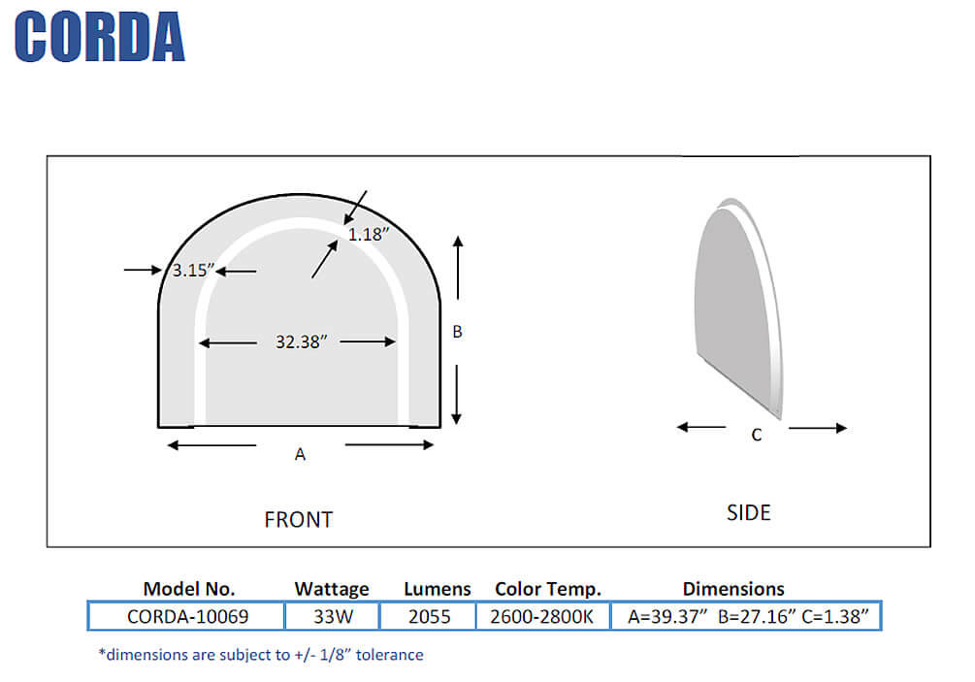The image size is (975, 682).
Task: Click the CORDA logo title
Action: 100,38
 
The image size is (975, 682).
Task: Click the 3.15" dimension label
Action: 191,272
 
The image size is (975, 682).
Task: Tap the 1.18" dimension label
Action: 369,234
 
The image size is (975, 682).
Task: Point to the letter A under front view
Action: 300,454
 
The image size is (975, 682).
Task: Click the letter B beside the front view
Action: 458,332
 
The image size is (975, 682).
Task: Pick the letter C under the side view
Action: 757,436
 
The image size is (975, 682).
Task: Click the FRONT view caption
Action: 298,520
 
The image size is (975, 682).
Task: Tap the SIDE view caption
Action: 748,512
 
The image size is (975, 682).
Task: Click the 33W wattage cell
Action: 331,616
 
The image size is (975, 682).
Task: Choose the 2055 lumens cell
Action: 429,616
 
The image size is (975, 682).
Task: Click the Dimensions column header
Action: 732,589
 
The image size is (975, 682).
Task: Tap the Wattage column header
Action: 332,589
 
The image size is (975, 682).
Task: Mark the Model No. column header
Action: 189,589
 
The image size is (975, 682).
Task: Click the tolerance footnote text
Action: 261,655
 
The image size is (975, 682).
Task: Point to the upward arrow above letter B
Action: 458,267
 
